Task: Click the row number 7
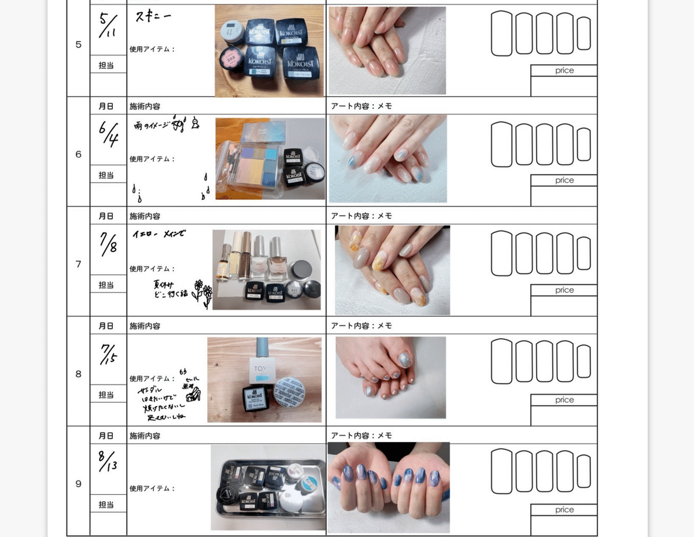78,264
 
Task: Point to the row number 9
78,484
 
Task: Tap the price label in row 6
564,180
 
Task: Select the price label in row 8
564,400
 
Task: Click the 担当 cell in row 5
106,65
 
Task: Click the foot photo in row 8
390,377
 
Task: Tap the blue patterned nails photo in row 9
388,487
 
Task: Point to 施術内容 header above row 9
145,435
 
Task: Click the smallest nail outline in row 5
584,34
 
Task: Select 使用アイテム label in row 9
152,488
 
